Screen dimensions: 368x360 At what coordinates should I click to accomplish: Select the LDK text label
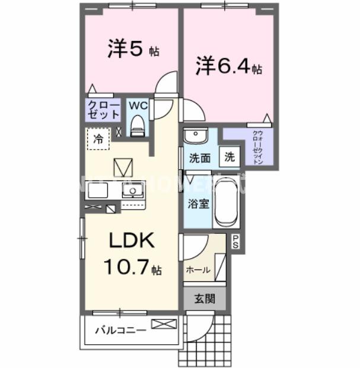[131, 242]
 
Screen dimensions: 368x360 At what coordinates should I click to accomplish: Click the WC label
[138, 106]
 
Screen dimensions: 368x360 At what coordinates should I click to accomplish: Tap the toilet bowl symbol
[138, 126]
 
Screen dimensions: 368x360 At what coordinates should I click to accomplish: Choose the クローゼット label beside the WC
[104, 110]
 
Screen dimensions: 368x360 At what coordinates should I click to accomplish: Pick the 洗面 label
[200, 158]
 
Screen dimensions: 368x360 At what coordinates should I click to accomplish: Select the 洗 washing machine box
[229, 158]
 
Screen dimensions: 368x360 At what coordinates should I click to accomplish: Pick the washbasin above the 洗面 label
[195, 137]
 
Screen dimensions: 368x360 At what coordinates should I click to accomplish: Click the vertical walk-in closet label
[258, 147]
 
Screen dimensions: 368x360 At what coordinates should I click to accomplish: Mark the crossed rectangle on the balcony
[164, 324]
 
